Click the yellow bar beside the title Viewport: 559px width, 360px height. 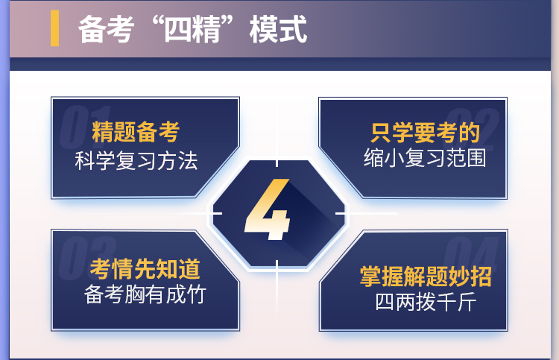[x=54, y=28]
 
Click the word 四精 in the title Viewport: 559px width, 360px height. [x=192, y=29]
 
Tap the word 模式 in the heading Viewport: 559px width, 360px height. [x=278, y=29]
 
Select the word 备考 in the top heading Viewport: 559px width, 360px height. [x=107, y=29]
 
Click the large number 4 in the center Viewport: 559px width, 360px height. [x=268, y=209]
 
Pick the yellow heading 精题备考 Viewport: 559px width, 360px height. [x=136, y=132]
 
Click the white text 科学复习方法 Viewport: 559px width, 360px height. [x=136, y=161]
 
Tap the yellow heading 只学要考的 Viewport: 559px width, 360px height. [x=426, y=133]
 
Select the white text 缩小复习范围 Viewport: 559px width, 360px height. [x=425, y=158]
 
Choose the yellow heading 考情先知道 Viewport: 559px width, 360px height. [x=145, y=269]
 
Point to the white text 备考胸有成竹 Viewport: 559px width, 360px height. [x=145, y=294]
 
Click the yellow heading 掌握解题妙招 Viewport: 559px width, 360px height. [x=426, y=277]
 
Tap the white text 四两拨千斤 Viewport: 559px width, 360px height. [x=426, y=302]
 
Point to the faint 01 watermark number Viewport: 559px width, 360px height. [x=85, y=127]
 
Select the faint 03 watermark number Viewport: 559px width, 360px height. [x=87, y=258]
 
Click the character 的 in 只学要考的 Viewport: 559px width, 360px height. [x=470, y=133]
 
